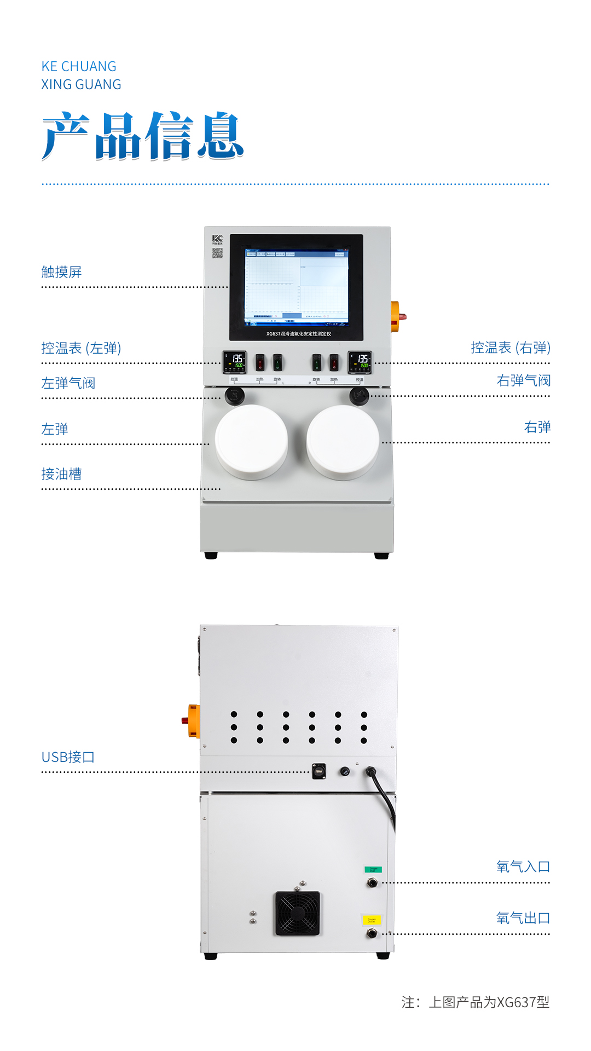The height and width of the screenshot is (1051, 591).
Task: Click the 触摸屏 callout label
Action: (x=61, y=272)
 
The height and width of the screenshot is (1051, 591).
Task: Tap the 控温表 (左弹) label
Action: (x=81, y=348)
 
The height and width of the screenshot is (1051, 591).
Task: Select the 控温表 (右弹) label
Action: (x=510, y=348)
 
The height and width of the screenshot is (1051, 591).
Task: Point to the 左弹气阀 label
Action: (x=68, y=383)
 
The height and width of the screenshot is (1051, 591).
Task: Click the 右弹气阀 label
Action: (x=523, y=380)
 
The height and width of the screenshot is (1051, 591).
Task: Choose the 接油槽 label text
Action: (x=61, y=474)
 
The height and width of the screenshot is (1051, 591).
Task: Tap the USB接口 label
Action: (x=68, y=757)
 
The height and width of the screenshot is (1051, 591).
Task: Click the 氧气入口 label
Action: (x=523, y=867)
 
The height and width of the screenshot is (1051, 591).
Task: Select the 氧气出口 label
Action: (x=523, y=918)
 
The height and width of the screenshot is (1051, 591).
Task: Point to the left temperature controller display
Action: (x=235, y=362)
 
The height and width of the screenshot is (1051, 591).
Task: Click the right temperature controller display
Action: (x=360, y=362)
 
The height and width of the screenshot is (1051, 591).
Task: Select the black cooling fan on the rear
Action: (x=297, y=913)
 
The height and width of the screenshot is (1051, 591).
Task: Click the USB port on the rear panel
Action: (x=318, y=771)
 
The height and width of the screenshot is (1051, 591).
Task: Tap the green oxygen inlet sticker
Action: (x=373, y=869)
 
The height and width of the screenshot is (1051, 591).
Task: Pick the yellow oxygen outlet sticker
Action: (x=371, y=920)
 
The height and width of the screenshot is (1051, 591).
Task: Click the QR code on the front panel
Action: (x=217, y=253)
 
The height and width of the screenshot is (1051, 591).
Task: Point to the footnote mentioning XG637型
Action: (x=475, y=1002)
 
